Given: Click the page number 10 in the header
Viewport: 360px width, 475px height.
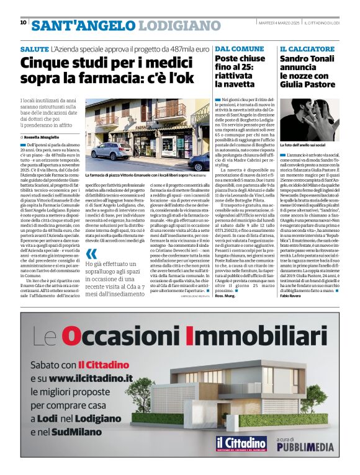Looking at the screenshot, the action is [23, 22].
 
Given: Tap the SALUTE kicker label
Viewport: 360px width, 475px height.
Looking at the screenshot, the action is [34, 48].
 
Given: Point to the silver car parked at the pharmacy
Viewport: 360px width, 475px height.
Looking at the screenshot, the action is [110, 149].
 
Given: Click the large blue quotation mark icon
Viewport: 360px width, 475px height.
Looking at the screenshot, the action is [91, 254].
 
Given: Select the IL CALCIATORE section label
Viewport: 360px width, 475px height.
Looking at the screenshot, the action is [307, 48].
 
